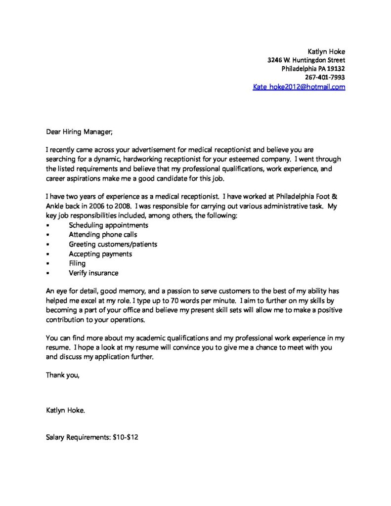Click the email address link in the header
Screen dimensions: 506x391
click(299, 87)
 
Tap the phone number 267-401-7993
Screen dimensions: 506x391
click(325, 78)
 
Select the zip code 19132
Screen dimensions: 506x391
click(335, 69)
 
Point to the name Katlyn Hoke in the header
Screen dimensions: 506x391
click(326, 51)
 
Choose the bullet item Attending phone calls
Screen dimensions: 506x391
click(103, 235)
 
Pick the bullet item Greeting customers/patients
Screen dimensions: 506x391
click(113, 244)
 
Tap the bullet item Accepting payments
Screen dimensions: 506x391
click(100, 254)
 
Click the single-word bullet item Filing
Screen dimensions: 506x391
click(77, 263)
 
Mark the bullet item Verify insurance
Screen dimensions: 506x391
click(93, 273)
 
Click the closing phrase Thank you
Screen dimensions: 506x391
click(62, 375)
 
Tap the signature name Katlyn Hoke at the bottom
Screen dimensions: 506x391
click(65, 410)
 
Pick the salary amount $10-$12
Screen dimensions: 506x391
click(128, 437)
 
